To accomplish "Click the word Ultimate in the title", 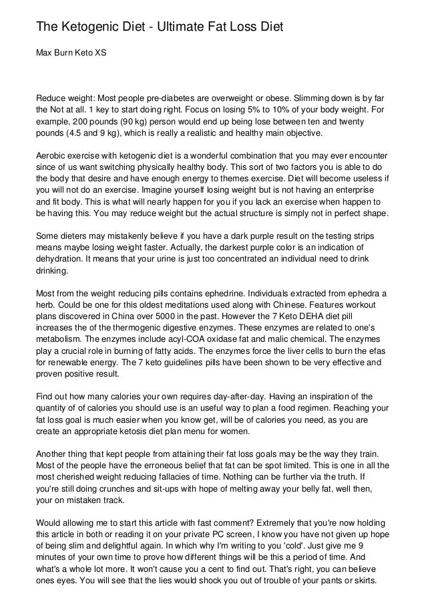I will point(176,27).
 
